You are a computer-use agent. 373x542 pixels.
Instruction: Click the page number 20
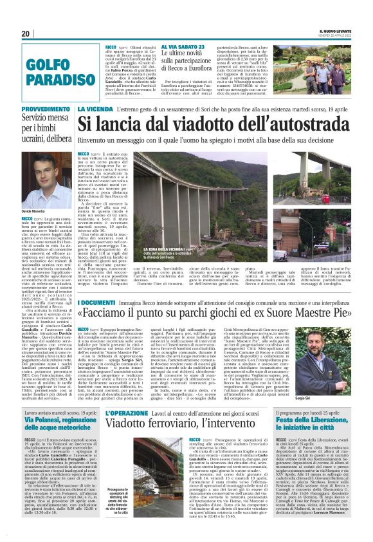tap(26, 34)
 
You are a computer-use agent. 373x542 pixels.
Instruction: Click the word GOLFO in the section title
tap(44, 64)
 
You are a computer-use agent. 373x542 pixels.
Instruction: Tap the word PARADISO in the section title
tap(53, 80)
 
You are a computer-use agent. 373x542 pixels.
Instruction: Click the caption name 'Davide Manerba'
tap(33, 211)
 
